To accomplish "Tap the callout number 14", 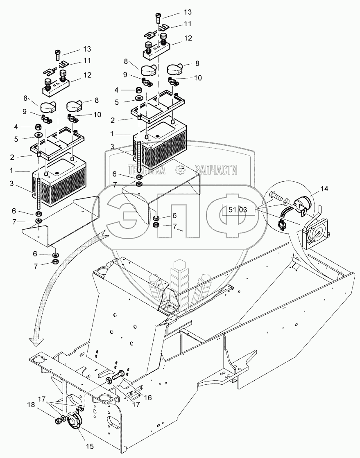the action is click(324, 189).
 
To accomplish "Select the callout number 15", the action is click(90, 446).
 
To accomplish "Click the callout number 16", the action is click(148, 397).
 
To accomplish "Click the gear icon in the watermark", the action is click(179, 169).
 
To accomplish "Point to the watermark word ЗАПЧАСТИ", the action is click(216, 170).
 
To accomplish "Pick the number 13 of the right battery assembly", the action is click(188, 12).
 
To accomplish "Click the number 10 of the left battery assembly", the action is click(97, 115).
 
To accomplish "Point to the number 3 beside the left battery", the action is click(12, 183).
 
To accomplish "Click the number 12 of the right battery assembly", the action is click(188, 38).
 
